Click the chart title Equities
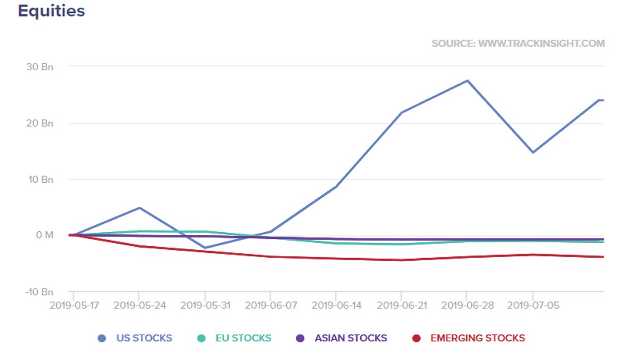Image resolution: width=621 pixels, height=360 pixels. [x=51, y=11]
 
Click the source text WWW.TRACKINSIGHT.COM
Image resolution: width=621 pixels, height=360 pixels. [x=518, y=43]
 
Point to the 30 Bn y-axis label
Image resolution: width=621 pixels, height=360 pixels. [x=40, y=67]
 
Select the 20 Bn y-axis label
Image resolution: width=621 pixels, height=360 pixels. [x=40, y=123]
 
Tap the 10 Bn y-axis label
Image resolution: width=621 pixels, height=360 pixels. [x=40, y=179]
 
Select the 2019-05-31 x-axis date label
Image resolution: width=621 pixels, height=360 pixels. [x=205, y=305]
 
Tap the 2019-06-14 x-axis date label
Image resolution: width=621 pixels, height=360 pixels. [x=335, y=305]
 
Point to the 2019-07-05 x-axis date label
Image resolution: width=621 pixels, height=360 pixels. [x=532, y=305]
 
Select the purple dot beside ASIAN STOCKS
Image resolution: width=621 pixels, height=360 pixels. [x=300, y=338]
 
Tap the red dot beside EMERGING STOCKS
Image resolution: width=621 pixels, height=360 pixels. [x=416, y=338]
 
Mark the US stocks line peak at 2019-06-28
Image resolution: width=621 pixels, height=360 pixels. [x=467, y=80]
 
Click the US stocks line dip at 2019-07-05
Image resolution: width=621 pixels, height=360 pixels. [x=533, y=152]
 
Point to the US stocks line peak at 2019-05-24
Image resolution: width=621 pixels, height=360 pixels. [x=139, y=208]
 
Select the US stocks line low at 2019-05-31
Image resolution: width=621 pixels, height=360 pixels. [x=205, y=248]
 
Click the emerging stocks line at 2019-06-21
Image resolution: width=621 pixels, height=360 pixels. [x=401, y=260]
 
